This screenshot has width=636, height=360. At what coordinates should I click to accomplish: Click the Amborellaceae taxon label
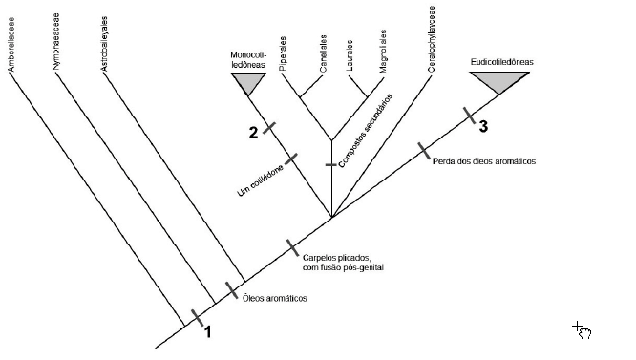point(11,45)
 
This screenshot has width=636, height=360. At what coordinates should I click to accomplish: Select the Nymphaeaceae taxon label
point(56,41)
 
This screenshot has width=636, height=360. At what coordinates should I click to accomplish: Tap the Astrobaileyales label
point(104,44)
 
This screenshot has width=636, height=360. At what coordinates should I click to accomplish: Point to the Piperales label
point(283,53)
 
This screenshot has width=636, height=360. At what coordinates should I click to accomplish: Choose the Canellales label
point(324,53)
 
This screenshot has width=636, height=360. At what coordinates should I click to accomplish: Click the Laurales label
point(350,55)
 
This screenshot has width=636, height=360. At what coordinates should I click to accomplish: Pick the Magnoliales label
point(383,51)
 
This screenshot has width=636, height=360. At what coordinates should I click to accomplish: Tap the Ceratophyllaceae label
point(432,39)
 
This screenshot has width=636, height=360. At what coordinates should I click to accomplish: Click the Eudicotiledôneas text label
point(501,62)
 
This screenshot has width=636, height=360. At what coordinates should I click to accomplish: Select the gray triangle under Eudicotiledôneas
point(499,80)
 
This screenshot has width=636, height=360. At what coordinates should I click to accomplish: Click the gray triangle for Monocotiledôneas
point(248,82)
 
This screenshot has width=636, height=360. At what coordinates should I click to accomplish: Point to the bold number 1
point(207,332)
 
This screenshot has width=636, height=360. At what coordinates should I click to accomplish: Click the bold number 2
point(253,133)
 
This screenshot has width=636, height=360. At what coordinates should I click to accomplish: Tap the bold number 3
point(483,126)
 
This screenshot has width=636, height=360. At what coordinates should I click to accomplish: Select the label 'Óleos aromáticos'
point(275,298)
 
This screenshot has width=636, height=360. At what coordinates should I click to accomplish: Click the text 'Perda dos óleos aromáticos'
point(484,161)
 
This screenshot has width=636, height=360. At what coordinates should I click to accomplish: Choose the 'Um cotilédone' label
point(261,180)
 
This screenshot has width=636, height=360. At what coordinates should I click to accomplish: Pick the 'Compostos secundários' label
point(366,131)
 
